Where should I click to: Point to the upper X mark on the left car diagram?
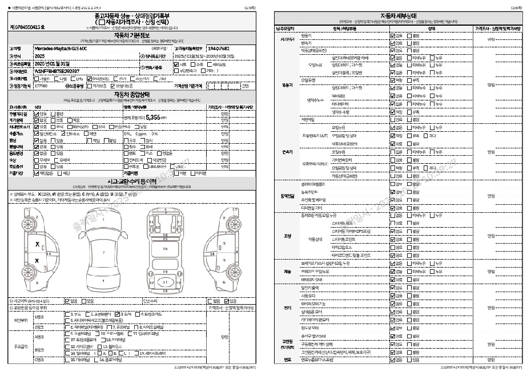point(37,244)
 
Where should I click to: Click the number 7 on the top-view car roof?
point(103,252)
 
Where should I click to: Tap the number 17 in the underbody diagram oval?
point(165,282)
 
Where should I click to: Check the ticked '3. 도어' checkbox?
point(117,314)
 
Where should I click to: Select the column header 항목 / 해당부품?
point(342,27)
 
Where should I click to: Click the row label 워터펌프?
point(339,96)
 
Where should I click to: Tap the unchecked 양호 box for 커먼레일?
point(393,207)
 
